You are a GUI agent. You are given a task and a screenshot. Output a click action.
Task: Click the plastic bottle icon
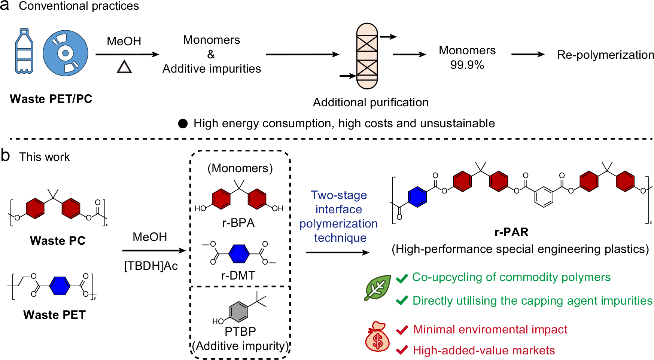pos(24,51)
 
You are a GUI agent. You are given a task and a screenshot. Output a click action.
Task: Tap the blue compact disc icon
pos(66,53)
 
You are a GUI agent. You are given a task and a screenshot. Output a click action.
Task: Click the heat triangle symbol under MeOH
pos(124,67)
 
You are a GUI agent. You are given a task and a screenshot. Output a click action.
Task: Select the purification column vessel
pos(367,56)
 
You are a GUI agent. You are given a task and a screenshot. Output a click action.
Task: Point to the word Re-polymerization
pos(605,55)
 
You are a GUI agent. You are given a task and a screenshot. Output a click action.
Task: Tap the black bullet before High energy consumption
pos(183,123)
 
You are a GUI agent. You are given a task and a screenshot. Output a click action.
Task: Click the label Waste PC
pos(58,240)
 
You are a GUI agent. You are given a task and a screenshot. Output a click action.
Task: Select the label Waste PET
pos(55,315)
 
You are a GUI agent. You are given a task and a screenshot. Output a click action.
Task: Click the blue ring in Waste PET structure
pos(60,286)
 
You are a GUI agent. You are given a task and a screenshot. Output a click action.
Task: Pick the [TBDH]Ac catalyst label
pos(151,266)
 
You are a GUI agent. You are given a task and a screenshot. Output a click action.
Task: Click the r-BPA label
pos(238,223)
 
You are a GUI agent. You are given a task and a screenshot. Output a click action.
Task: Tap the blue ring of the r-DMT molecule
pos(239,254)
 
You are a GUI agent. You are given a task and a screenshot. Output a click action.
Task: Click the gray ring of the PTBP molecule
pos(239,311)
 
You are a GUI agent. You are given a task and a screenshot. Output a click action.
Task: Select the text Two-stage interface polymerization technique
pos(339,216)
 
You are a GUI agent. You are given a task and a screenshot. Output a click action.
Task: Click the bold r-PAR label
pos(511,232)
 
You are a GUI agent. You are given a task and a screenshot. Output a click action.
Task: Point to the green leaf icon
pos(378,288)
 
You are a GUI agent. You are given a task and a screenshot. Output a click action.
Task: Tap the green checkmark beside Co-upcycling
pos(402,278)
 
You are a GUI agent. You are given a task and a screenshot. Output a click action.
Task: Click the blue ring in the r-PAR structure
pos(417,197)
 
